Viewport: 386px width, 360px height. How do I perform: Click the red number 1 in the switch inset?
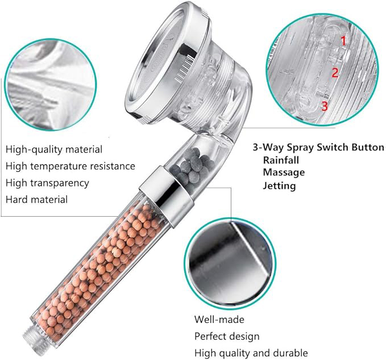[343, 41]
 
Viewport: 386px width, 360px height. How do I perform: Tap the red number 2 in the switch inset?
[335, 73]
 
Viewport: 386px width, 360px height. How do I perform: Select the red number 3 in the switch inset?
[325, 106]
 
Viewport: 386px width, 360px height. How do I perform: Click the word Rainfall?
[281, 160]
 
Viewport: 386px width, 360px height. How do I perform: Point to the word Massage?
[284, 172]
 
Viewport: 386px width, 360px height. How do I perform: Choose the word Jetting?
[279, 185]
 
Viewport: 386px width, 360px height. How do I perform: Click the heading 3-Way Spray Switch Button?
[318, 147]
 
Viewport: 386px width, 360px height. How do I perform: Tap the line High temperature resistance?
[70, 166]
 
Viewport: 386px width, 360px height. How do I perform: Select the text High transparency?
[47, 183]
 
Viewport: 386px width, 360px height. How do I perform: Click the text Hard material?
[36, 199]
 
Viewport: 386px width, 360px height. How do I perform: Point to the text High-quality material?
[54, 150]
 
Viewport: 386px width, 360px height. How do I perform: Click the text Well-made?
[219, 320]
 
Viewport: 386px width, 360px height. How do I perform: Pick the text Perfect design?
[227, 336]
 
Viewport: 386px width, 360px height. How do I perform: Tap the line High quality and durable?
[251, 353]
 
